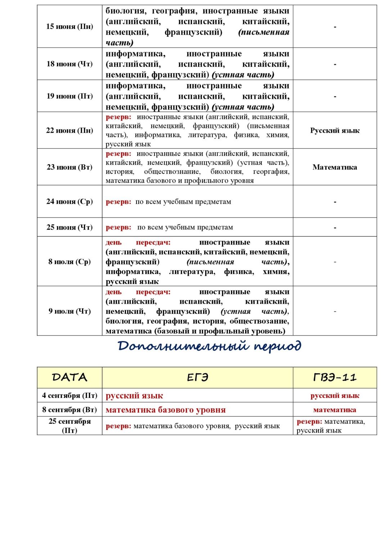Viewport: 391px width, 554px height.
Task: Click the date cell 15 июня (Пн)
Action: [69, 26]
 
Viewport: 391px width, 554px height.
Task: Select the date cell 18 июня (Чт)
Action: [69, 64]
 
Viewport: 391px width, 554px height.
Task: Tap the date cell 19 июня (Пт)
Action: [69, 96]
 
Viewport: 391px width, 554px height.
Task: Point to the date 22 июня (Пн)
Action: [69, 131]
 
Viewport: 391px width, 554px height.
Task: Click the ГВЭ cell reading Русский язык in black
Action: [335, 131]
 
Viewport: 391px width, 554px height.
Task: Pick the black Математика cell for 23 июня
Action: [335, 167]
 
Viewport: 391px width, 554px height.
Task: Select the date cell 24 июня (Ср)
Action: [69, 202]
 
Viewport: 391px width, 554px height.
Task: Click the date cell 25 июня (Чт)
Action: [69, 227]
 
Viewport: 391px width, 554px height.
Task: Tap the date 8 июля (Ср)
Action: [69, 261]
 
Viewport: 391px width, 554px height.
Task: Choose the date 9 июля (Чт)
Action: [69, 311]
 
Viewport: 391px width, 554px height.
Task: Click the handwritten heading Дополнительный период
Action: [209, 346]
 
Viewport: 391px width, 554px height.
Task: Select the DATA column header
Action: [69, 377]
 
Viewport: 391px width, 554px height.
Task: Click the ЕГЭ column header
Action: [197, 377]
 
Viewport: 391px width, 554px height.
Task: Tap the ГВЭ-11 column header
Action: [335, 377]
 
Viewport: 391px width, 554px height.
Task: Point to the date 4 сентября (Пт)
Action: [69, 395]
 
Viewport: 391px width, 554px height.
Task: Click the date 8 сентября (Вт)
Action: [69, 410]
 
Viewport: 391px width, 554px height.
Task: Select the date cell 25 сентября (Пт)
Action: [69, 426]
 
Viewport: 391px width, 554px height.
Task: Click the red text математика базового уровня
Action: [166, 410]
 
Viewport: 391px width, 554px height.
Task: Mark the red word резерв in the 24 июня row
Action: [118, 202]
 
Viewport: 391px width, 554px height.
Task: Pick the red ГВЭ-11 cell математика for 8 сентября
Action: [335, 410]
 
